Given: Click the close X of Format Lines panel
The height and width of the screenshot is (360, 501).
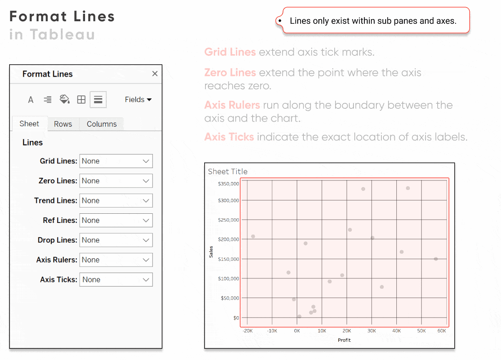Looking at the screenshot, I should click(x=155, y=74).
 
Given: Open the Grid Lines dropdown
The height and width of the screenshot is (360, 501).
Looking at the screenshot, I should click(x=116, y=161).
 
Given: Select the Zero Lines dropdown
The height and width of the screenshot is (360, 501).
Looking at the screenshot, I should click(x=116, y=181).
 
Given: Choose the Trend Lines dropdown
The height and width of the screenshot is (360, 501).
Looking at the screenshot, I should click(x=116, y=200).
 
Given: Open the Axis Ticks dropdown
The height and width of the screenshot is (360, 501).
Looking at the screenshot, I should click(x=116, y=280).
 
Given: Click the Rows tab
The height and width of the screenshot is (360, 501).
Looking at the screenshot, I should click(x=63, y=124).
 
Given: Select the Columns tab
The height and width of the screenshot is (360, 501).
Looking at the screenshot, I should click(x=102, y=124).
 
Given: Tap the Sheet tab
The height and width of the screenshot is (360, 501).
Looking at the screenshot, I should click(x=29, y=124).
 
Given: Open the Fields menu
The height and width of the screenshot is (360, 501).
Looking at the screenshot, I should click(x=138, y=100).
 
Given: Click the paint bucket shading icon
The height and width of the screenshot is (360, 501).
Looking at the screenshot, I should click(x=65, y=100).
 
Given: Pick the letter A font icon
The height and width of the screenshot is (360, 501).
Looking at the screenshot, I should click(x=31, y=100).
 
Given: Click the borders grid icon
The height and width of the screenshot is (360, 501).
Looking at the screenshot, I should click(x=81, y=100).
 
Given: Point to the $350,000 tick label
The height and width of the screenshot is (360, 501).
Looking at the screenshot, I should click(x=228, y=184).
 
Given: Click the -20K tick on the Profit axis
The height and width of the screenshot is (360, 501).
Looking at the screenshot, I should click(x=248, y=331).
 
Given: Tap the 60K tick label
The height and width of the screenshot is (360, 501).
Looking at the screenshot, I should click(x=441, y=331).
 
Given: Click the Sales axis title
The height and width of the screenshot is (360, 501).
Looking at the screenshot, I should click(x=211, y=252).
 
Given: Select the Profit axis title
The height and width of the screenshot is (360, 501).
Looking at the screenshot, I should click(x=344, y=340).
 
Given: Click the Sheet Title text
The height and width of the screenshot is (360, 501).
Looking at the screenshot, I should click(x=228, y=171).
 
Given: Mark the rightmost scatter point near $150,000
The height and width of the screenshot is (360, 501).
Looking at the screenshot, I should click(x=436, y=259).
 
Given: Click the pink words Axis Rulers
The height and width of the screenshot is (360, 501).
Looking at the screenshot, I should click(x=232, y=105).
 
